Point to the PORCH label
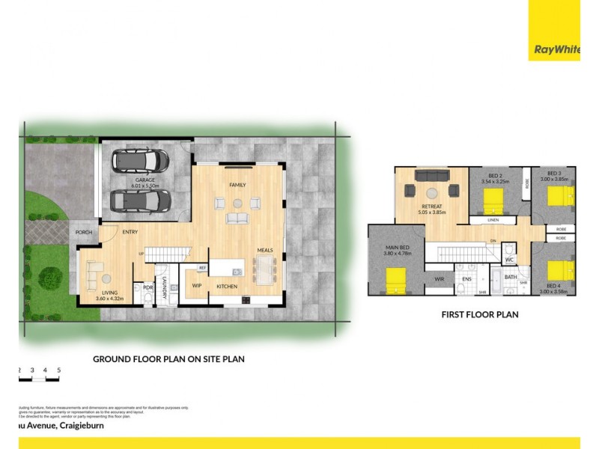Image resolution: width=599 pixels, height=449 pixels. (83, 233)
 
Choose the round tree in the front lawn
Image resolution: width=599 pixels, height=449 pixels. (51, 278)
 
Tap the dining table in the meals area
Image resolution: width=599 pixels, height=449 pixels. (265, 269)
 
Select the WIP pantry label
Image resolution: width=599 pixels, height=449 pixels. (198, 285)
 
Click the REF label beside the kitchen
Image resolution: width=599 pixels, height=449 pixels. (202, 268)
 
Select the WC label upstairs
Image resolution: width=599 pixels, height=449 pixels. (508, 261)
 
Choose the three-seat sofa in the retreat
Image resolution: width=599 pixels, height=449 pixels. (432, 177)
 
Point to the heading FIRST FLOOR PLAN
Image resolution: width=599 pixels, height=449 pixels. (479, 315)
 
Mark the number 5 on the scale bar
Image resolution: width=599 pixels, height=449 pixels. (58, 370)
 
